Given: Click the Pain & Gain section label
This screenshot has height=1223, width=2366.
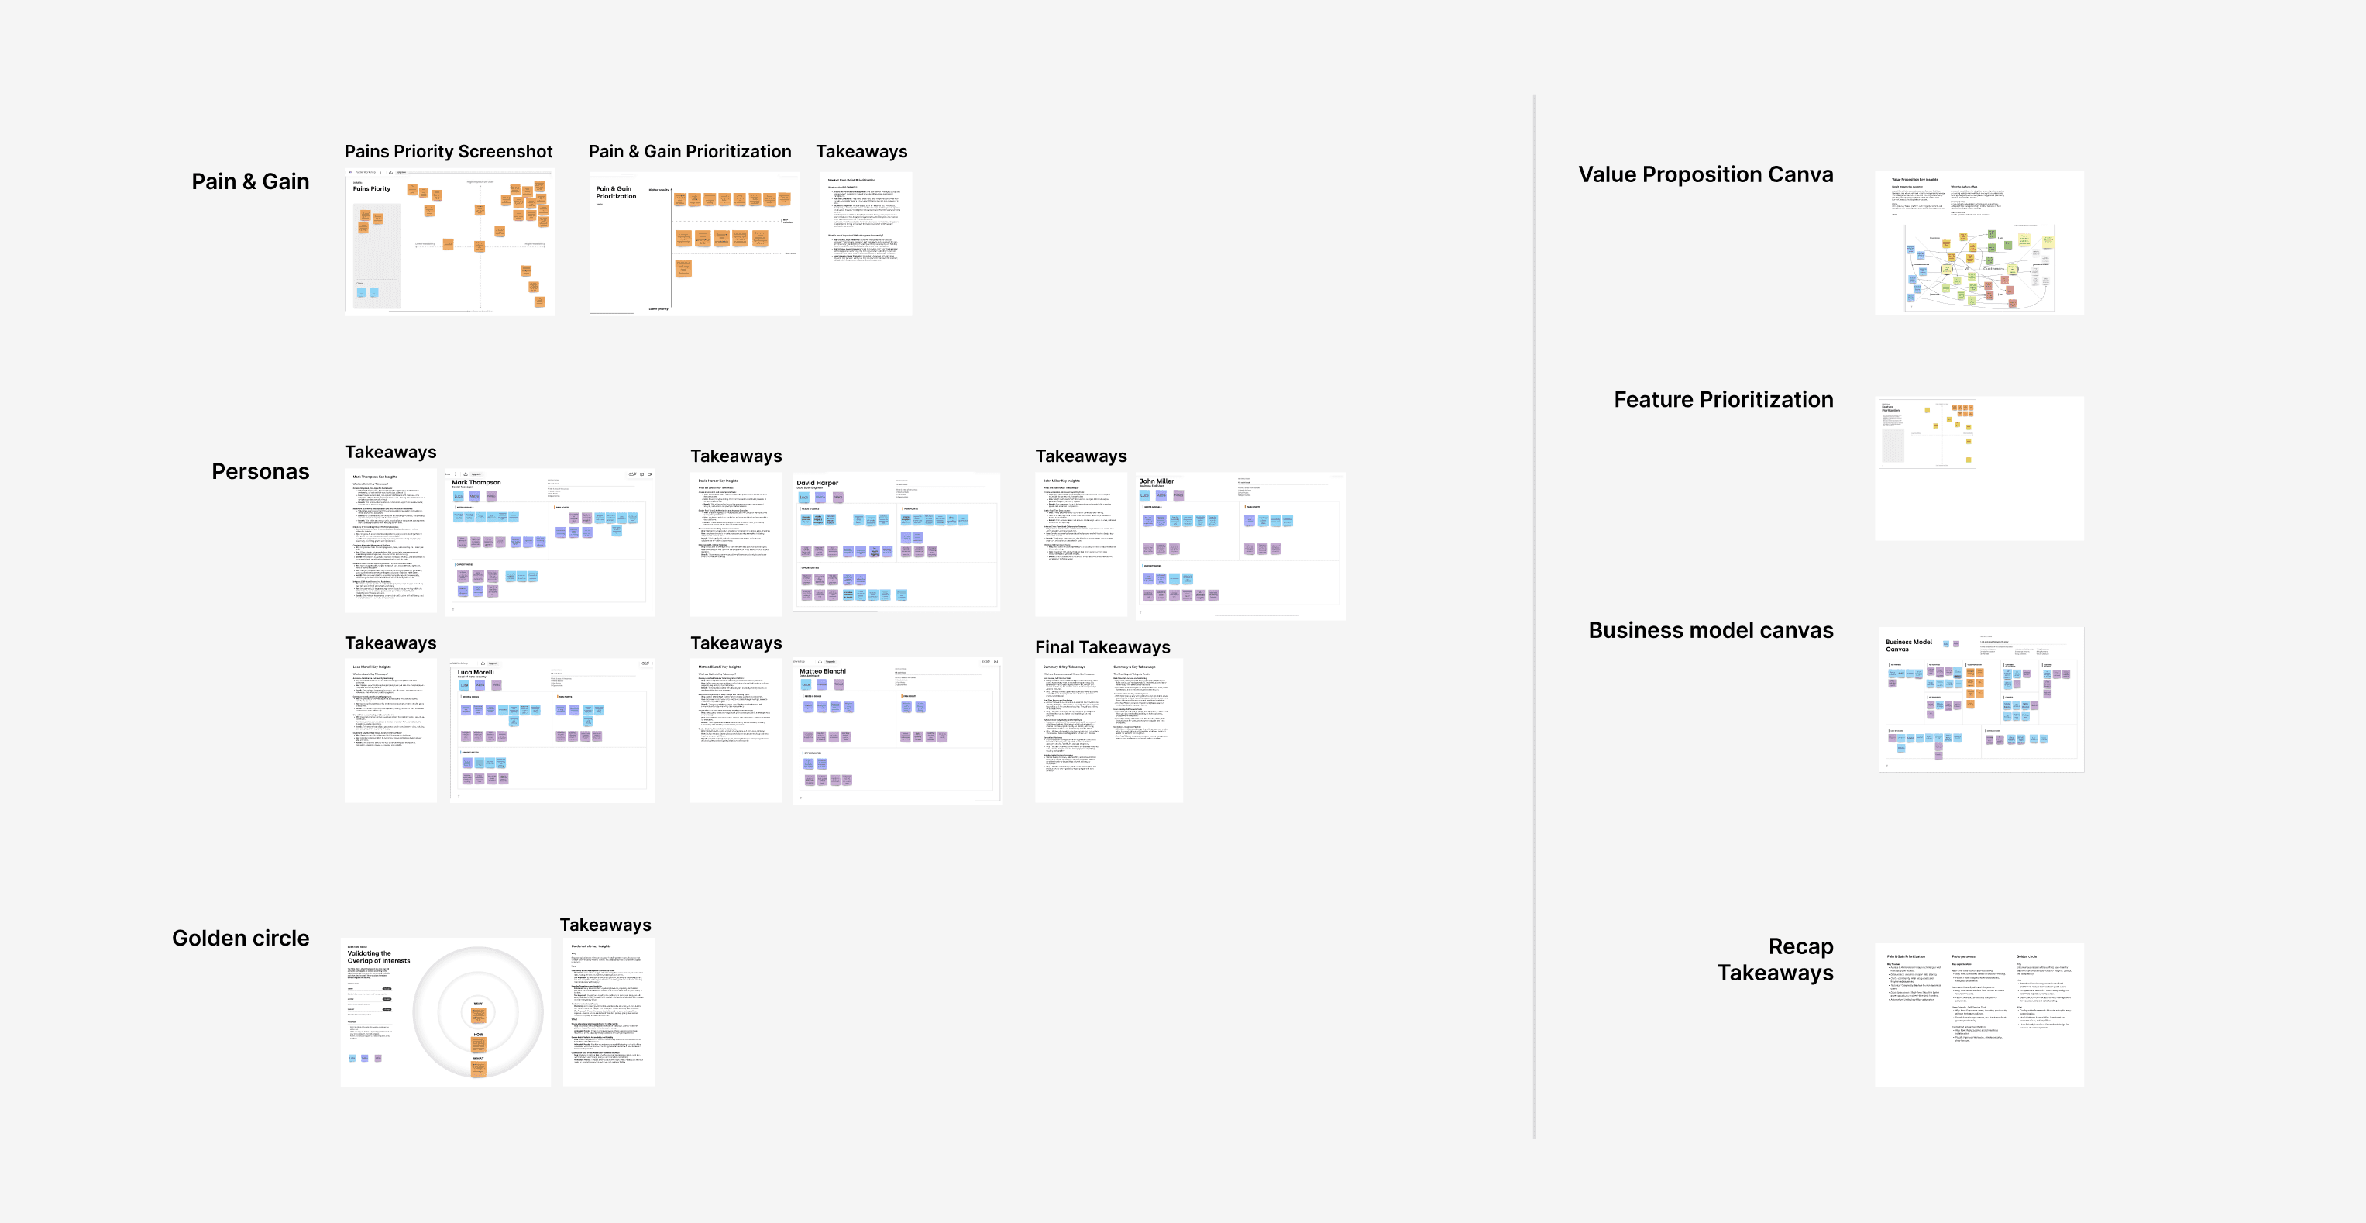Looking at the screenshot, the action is click(x=249, y=182).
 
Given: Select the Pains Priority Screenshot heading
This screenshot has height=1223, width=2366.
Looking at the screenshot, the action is click(x=449, y=152).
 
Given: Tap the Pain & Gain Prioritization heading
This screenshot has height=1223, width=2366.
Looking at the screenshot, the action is click(x=690, y=152).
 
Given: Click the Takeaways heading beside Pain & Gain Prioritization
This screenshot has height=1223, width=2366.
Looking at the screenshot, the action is click(x=861, y=152).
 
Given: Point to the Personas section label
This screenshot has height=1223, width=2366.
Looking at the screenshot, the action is click(x=260, y=471).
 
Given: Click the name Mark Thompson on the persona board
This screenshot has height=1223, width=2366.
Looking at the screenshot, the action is click(x=476, y=482).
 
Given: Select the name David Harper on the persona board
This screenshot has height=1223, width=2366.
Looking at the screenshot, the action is click(x=817, y=482).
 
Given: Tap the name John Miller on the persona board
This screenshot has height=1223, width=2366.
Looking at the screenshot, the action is click(x=1157, y=481).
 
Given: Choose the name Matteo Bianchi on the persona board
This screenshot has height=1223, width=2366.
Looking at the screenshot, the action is click(x=822, y=670).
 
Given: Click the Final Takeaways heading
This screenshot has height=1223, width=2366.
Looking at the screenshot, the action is click(x=1102, y=647).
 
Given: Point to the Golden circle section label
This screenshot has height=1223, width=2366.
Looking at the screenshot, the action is click(x=241, y=938).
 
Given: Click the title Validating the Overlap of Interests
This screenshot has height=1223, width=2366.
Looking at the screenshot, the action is click(x=378, y=956).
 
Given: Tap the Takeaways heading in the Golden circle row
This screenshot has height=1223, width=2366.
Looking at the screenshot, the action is click(x=605, y=925).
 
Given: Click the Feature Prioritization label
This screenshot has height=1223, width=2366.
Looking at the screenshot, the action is click(x=1723, y=400).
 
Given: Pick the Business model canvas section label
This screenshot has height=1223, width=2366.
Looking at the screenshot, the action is click(x=1711, y=630).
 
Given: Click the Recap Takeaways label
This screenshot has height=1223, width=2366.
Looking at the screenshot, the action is click(x=1776, y=959).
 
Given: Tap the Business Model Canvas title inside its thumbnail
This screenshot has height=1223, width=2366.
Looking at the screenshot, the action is click(x=1909, y=645).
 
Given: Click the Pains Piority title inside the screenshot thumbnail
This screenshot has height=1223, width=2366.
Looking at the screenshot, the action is click(x=371, y=188).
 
